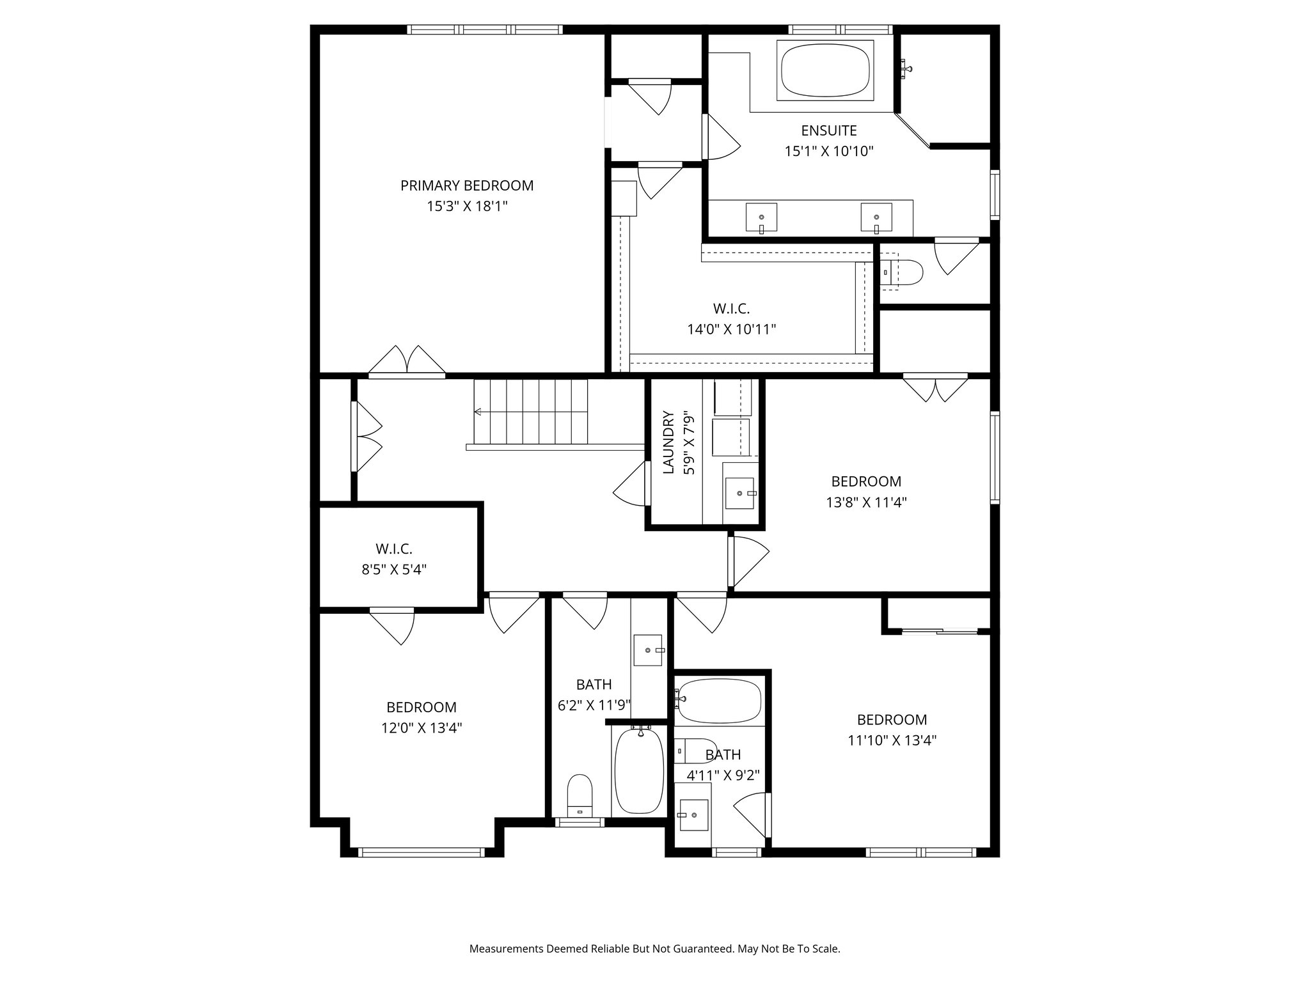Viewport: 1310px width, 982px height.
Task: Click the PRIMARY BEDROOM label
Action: coord(467,185)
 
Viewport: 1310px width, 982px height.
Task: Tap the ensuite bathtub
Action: coord(825,70)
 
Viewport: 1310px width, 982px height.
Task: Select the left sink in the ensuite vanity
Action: coord(761,217)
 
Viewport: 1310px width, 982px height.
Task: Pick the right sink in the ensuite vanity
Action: coord(876,217)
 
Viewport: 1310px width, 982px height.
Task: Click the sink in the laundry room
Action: coord(739,494)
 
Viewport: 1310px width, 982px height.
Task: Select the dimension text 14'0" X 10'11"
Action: coord(732,329)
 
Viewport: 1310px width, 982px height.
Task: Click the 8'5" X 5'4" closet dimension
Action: coord(394,569)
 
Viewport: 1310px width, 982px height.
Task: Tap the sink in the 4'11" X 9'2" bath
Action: coord(693,815)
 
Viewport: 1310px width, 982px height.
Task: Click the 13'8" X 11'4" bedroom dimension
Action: coord(866,503)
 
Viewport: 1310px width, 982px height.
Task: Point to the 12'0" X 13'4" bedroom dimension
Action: coord(421,728)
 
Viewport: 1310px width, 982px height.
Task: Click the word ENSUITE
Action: coord(829,130)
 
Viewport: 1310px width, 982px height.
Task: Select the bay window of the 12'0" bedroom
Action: coord(422,852)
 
